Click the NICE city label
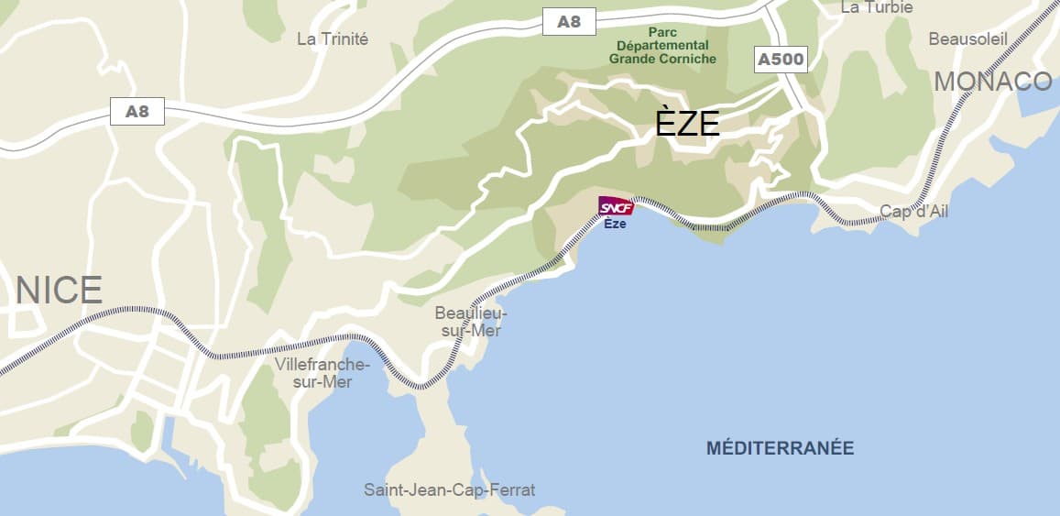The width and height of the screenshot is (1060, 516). (x=59, y=291)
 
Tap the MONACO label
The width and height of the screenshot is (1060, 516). (x=993, y=82)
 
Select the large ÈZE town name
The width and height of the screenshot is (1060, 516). (x=687, y=123)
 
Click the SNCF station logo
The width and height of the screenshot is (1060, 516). (x=615, y=207)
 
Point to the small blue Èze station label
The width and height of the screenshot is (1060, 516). (x=615, y=225)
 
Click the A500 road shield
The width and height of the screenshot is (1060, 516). (x=781, y=60)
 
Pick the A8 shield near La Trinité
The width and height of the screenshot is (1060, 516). (x=137, y=112)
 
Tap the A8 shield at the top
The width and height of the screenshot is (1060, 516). (x=569, y=22)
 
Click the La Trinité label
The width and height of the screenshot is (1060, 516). (x=333, y=38)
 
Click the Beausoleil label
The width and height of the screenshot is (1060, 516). (x=967, y=38)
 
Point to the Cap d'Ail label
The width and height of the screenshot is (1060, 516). (x=913, y=212)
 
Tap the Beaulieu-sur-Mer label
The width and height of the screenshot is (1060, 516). (x=471, y=322)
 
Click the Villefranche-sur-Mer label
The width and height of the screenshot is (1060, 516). (x=322, y=373)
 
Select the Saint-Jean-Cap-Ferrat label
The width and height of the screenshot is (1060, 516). (x=449, y=489)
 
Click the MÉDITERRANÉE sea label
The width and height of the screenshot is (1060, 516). (x=780, y=448)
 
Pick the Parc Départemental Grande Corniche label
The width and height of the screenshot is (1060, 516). (x=662, y=45)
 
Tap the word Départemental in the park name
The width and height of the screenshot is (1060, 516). (x=662, y=45)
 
